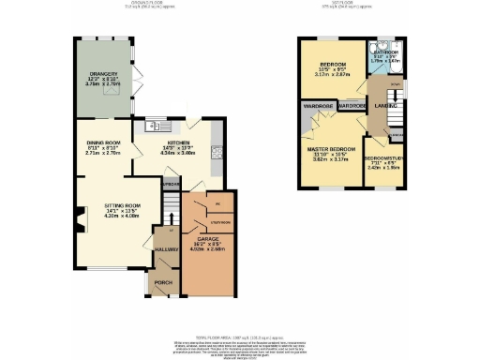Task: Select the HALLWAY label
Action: pyautogui.click(x=166, y=250)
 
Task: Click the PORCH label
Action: pyautogui.click(x=163, y=281)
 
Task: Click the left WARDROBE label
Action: pyautogui.click(x=315, y=106)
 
